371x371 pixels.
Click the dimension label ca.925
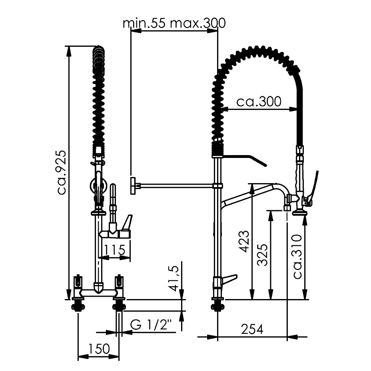click(x=62, y=172)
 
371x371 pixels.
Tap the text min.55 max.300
click(x=174, y=23)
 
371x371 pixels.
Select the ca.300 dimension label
click(x=259, y=102)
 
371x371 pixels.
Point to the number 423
click(x=244, y=241)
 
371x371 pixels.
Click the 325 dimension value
click(x=263, y=255)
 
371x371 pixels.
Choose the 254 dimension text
click(x=252, y=329)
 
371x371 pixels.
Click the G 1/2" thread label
click(x=151, y=325)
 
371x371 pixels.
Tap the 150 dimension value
click(x=99, y=349)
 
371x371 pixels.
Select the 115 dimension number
click(x=114, y=250)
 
